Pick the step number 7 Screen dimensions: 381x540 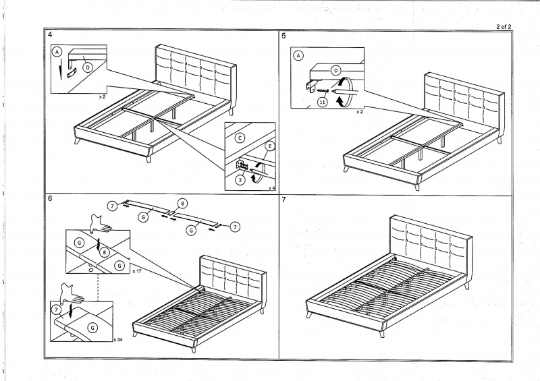click(x=284, y=200)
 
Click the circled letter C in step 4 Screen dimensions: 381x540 click(x=239, y=138)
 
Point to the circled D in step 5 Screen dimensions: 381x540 click(x=335, y=69)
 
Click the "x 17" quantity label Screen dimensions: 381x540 click(x=137, y=270)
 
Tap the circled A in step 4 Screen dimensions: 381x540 click(x=58, y=51)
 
